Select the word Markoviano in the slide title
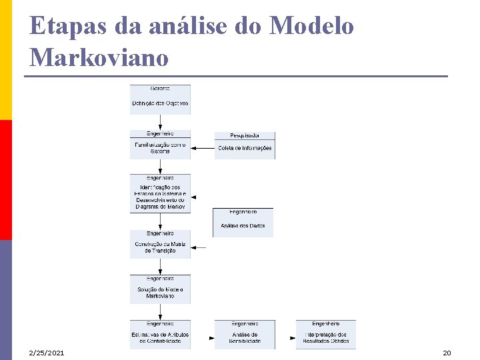(x=99, y=58)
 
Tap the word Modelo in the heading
(x=312, y=27)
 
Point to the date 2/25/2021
(x=47, y=352)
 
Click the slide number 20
(x=447, y=352)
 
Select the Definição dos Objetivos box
(x=160, y=103)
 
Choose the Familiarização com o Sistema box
(x=160, y=147)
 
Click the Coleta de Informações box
(x=245, y=148)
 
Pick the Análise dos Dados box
(x=243, y=225)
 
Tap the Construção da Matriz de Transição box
(x=160, y=247)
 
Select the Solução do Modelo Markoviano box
(x=160, y=292)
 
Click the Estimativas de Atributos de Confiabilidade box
(x=160, y=337)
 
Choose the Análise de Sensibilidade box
(x=245, y=337)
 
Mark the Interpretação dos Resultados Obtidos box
(x=326, y=337)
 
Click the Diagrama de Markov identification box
(x=160, y=196)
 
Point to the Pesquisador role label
(x=245, y=135)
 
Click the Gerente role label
(x=160, y=89)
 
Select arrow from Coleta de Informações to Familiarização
(x=202, y=148)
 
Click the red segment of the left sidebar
(x=6, y=180)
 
